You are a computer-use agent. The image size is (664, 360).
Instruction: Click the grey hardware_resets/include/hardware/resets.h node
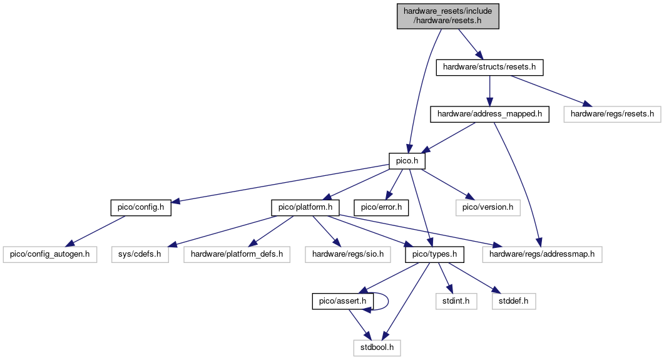pos(448,16)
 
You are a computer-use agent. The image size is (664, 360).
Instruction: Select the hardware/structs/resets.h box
pos(489,66)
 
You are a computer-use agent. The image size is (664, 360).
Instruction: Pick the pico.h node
pos(407,162)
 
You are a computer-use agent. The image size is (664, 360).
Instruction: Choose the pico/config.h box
pos(141,207)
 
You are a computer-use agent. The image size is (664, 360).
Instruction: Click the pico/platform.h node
pos(305,207)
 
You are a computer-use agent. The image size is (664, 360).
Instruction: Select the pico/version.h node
pos(488,207)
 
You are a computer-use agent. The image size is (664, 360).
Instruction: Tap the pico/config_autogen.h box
pos(50,255)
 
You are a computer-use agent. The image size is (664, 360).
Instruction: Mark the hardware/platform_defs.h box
pos(237,255)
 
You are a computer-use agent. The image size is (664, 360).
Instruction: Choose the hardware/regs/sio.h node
pos(348,255)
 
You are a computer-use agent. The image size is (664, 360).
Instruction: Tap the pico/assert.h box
pos(343,302)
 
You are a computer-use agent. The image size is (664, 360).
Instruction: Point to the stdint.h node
pos(456,302)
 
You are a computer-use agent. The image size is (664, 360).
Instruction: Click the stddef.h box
pos(513,302)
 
